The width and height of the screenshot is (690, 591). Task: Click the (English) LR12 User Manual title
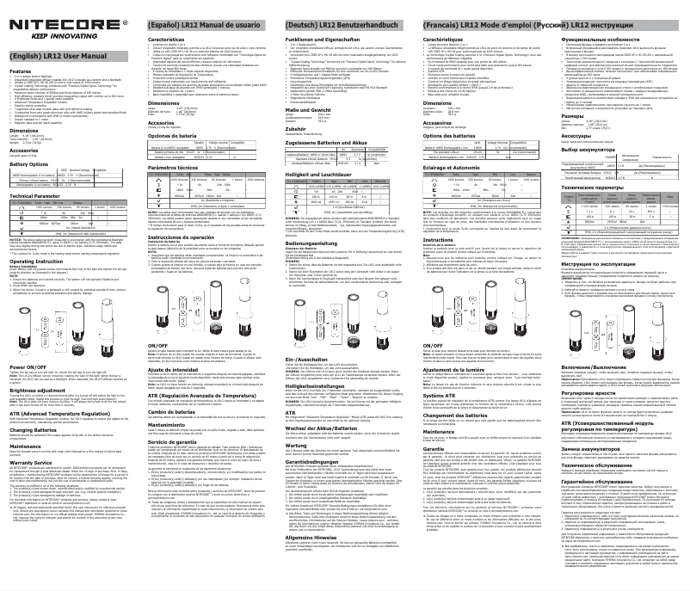[x=53, y=54]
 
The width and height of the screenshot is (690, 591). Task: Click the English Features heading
[x=21, y=71]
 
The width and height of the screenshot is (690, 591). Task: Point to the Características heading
[x=167, y=40]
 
